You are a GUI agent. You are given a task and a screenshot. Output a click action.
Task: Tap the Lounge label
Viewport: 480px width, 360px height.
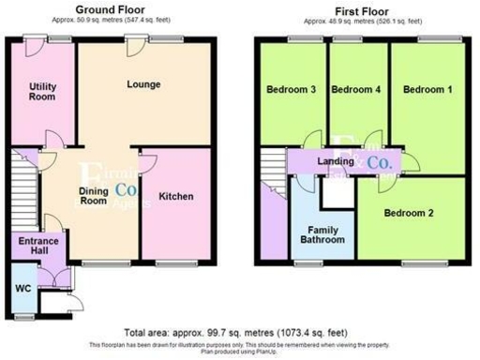(x=144, y=84)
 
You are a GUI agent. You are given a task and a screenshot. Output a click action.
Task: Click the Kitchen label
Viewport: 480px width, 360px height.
(x=175, y=197)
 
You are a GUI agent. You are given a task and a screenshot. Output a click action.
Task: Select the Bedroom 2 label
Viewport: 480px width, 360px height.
(x=409, y=213)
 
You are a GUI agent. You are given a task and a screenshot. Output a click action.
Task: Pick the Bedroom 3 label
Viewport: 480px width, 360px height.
(x=290, y=90)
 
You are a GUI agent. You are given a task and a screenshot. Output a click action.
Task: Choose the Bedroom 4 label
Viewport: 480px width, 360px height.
(x=356, y=90)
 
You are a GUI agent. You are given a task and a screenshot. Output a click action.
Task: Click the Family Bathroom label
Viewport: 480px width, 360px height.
(x=320, y=233)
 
